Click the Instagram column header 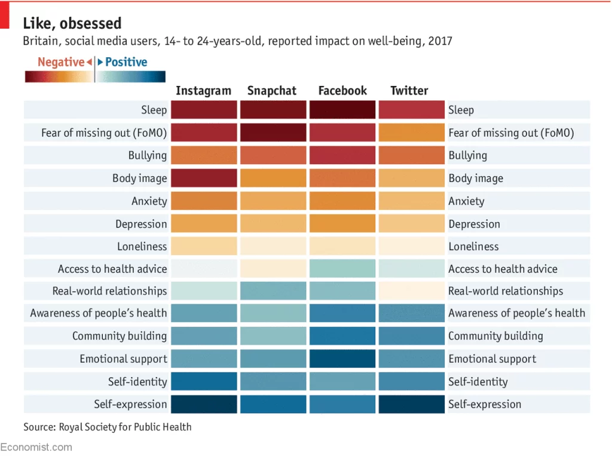(203, 91)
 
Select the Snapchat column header (272, 91)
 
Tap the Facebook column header (342, 91)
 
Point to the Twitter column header (409, 91)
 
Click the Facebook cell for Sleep (342, 110)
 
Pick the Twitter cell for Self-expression (411, 404)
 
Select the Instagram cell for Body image (204, 178)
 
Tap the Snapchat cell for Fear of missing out (273, 133)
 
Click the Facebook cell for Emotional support (342, 359)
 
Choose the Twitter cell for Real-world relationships (411, 291)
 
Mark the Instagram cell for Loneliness (204, 246)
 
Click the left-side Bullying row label (148, 155)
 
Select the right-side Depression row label (475, 224)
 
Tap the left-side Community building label (120, 336)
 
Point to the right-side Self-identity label (478, 381)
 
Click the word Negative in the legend (61, 62)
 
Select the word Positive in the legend (126, 62)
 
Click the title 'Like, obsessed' (72, 23)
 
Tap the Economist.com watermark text (36, 447)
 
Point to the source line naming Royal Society (108, 427)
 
